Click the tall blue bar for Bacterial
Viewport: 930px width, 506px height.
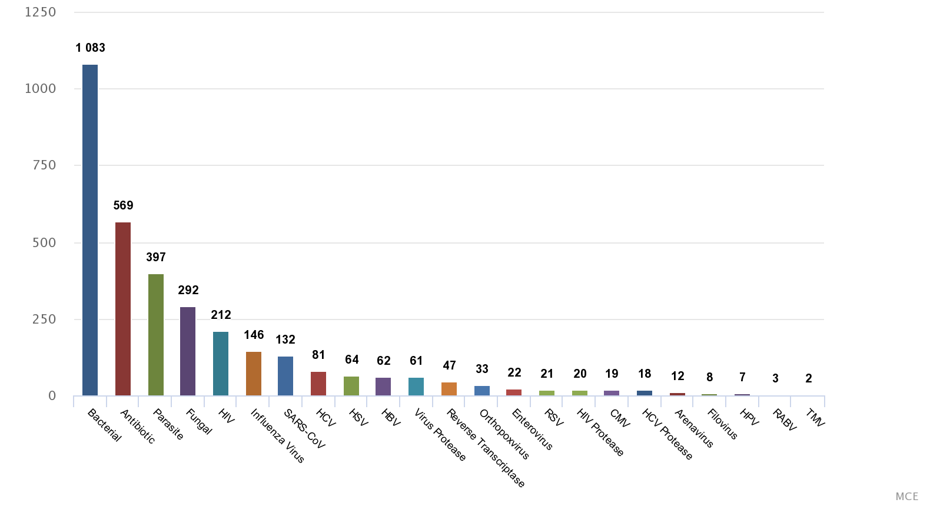tap(90, 229)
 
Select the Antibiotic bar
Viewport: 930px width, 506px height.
tap(123, 309)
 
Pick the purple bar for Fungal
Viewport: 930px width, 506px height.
tap(188, 351)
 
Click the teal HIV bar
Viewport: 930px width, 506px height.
tap(221, 363)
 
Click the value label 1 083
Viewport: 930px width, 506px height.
tap(90, 48)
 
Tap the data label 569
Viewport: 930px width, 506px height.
tap(123, 205)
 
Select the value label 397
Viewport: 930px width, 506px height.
tap(156, 257)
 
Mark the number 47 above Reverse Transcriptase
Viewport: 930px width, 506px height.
tap(449, 365)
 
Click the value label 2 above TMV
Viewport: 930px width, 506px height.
tap(809, 378)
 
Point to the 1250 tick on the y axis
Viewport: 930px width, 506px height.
tap(41, 12)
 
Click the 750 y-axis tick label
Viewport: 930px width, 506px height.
tap(44, 165)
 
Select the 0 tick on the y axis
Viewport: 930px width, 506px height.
tap(52, 396)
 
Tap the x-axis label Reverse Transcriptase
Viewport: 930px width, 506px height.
tap(486, 448)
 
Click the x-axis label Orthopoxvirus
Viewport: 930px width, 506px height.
tap(504, 434)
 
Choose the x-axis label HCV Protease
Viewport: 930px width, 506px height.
tap(667, 434)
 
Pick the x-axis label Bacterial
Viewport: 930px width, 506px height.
tap(104, 425)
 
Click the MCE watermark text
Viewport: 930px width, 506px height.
tap(906, 497)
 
